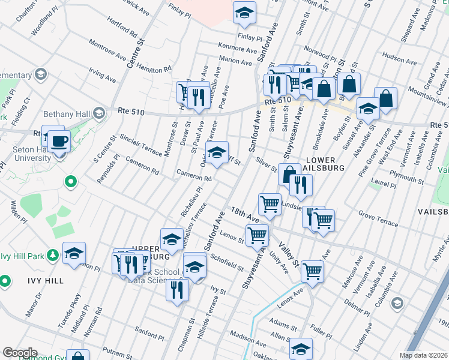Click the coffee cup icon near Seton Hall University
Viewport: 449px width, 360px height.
59,142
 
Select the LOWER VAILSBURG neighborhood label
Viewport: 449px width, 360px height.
325,164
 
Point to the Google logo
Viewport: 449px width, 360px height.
20,353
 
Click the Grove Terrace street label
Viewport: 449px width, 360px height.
378,218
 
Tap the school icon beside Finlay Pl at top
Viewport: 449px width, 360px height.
244,13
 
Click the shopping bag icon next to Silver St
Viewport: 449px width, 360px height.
289,175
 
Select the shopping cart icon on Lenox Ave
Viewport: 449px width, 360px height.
312,271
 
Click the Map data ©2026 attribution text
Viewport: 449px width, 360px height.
424,355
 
